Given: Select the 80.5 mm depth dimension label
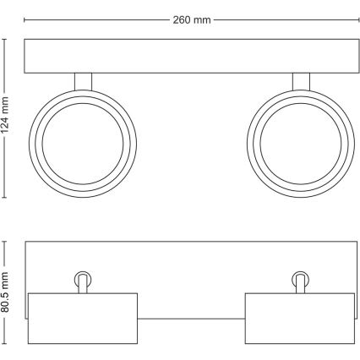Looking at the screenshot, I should coord(8,292).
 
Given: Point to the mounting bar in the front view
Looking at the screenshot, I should coord(191,55).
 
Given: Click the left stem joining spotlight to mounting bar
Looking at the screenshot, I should coord(82,80).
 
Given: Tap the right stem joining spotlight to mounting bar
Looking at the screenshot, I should coord(300,80).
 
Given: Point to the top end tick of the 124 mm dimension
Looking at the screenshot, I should coord(8,37).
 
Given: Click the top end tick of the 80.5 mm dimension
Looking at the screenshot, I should coord(8,243).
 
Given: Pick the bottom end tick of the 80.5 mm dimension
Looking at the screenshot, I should coord(8,344).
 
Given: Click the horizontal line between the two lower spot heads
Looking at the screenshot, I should coord(191,319).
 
